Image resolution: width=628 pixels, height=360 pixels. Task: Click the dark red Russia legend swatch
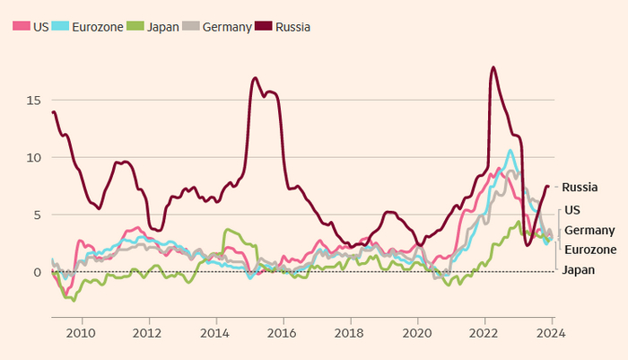click(x=266, y=27)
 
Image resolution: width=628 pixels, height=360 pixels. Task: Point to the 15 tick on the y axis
click(x=34, y=101)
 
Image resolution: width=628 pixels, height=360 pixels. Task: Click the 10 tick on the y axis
click(x=34, y=158)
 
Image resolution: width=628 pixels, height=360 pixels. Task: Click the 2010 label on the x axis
click(x=82, y=331)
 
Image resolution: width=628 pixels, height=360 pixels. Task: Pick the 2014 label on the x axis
click(x=216, y=331)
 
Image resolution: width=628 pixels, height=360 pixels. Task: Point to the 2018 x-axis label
click(x=350, y=331)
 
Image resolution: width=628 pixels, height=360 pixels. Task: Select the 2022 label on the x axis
click(x=484, y=331)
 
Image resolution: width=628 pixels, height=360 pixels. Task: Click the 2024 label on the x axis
click(x=552, y=331)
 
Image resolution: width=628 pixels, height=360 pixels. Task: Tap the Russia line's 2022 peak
click(x=493, y=67)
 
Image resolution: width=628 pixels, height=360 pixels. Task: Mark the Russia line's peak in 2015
click(x=256, y=78)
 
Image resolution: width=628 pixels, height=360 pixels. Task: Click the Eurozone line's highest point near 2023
click(x=510, y=150)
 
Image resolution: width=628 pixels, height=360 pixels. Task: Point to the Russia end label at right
click(x=580, y=188)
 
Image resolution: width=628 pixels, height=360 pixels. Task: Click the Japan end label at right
click(x=578, y=269)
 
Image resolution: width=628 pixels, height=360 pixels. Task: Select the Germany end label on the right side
click(x=589, y=230)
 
